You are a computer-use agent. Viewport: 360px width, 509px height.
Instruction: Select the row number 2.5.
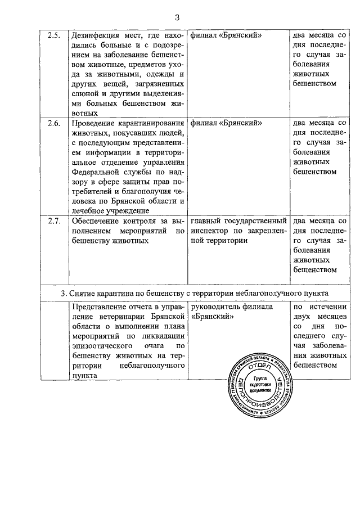click(x=53, y=36)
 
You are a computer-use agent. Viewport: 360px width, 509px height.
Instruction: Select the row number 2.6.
click(x=53, y=123)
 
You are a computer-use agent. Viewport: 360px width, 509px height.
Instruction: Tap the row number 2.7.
click(x=53, y=220)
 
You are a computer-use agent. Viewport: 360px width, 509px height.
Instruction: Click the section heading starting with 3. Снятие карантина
click(x=194, y=293)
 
